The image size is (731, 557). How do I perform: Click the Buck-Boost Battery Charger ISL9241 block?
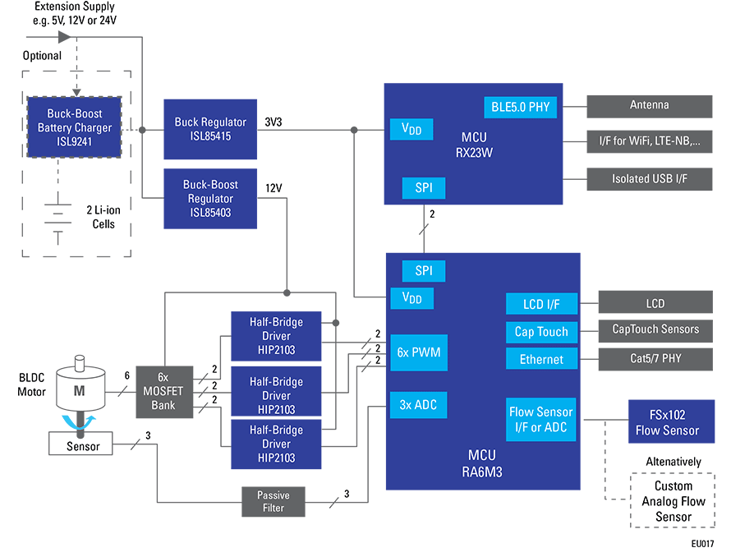coord(74,127)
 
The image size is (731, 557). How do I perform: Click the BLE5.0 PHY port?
coord(521,106)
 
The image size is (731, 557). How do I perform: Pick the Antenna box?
coord(649,105)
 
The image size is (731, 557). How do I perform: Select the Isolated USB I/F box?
coord(649,178)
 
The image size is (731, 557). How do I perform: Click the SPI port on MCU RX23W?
coord(423,188)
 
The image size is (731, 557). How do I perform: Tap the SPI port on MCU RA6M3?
coord(423,270)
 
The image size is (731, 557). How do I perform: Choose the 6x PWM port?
coord(419,352)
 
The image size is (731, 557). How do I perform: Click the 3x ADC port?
coord(419,403)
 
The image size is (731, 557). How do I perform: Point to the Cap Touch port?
coord(541,332)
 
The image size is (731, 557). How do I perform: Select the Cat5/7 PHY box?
coord(655,358)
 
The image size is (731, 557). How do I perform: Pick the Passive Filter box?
coord(274,501)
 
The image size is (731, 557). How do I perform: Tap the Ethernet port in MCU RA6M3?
coord(541,359)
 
